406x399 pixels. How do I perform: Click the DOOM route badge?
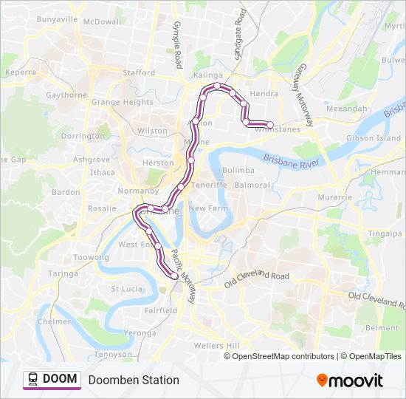tap(51, 379)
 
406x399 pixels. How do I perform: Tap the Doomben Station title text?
tap(134, 380)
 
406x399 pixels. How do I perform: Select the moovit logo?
tap(350, 381)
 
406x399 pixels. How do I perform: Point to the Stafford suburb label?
tap(139, 73)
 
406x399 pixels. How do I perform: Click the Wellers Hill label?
tap(216, 346)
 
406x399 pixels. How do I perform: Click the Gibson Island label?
tap(374, 138)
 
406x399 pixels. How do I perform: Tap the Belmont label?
tap(382, 327)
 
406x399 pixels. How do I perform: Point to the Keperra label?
tap(20, 72)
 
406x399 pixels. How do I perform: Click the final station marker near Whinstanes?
tap(270, 125)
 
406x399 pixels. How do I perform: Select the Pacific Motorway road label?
tap(184, 276)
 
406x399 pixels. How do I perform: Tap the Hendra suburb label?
tap(264, 94)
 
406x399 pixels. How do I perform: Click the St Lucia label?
tap(126, 289)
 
